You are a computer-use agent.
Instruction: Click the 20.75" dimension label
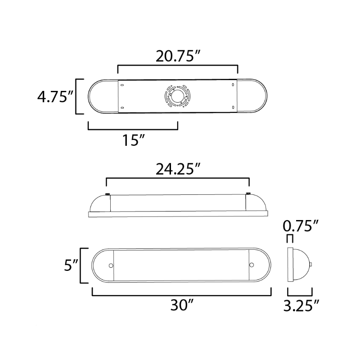coord(178,56)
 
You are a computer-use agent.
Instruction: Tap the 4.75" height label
coord(55,96)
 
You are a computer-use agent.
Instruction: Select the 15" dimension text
coord(134,140)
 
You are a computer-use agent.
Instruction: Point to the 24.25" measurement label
coord(178,169)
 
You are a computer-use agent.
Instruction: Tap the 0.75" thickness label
coord(301,226)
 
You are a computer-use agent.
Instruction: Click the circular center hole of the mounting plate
coord(177,96)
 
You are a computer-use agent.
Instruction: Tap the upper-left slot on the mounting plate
coord(122,85)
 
